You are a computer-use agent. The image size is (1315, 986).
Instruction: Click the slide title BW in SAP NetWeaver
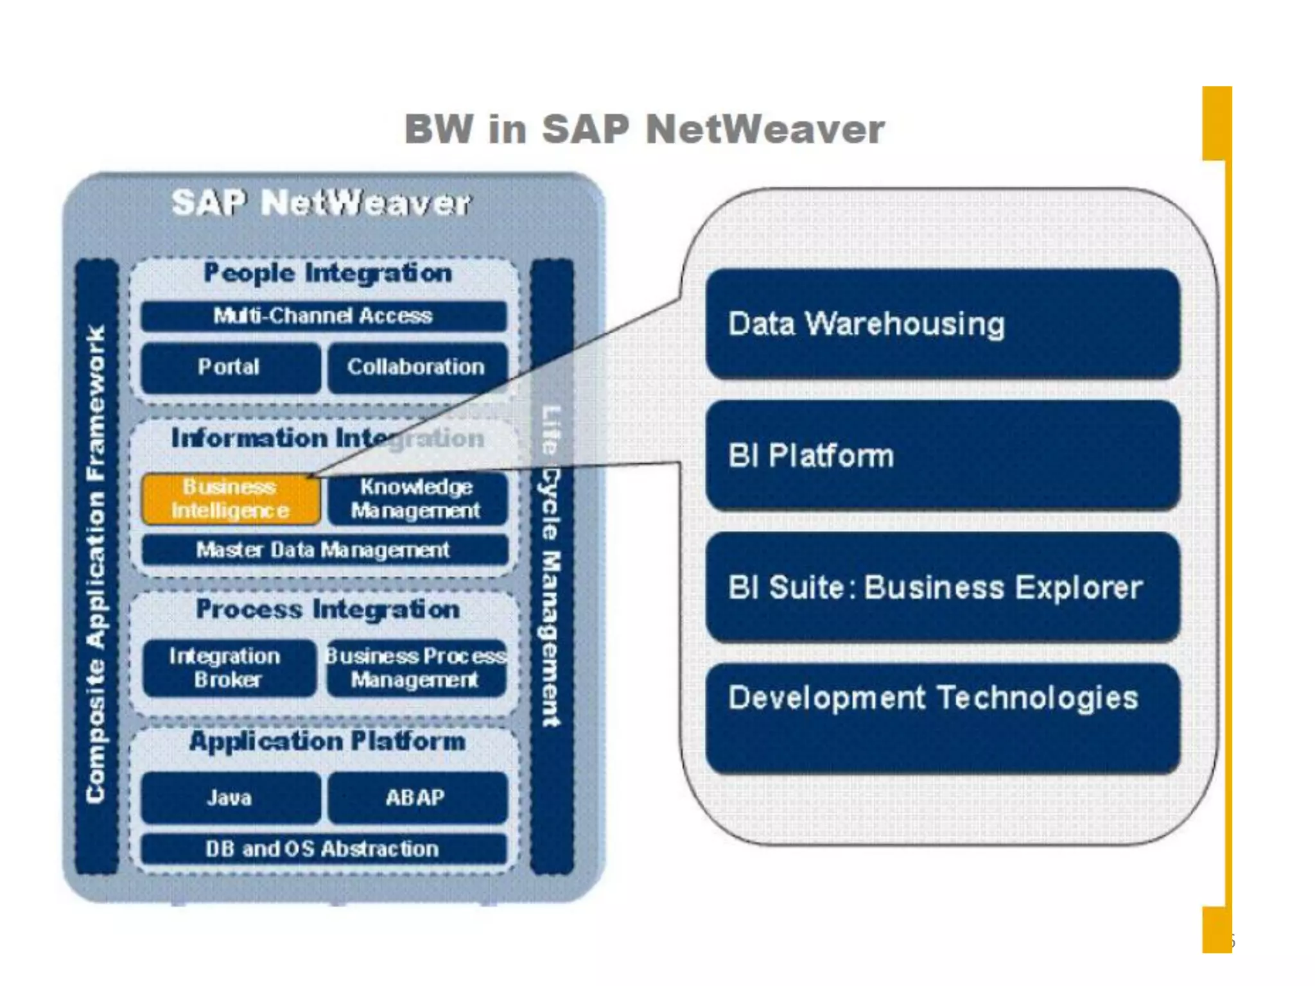(644, 129)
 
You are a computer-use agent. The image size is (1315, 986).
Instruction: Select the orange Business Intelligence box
(231, 499)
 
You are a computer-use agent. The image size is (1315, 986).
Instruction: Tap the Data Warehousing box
(942, 324)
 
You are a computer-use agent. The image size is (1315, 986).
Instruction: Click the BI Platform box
(942, 455)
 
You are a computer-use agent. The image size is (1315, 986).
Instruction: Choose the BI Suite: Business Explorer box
(942, 587)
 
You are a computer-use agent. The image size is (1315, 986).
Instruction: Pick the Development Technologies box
(942, 718)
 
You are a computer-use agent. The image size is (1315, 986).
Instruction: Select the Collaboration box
(417, 367)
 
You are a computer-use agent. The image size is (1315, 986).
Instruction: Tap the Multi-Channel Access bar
(324, 316)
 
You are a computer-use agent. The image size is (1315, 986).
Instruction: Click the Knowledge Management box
(417, 499)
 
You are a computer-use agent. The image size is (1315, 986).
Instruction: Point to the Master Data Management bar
(324, 550)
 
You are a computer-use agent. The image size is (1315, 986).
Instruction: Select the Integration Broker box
(229, 668)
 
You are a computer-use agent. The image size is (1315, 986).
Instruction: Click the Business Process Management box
(417, 668)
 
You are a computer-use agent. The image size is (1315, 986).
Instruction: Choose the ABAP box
(417, 797)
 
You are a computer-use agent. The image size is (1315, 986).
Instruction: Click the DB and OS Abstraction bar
(324, 849)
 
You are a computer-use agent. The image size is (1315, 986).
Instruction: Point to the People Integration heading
(327, 273)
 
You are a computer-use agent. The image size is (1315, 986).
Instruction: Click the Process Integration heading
(327, 609)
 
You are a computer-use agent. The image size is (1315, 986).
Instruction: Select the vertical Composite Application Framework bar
(97, 565)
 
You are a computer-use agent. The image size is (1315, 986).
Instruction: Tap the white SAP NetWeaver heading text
(321, 203)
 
